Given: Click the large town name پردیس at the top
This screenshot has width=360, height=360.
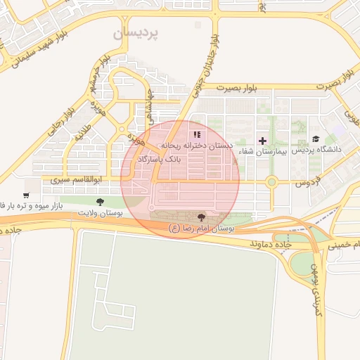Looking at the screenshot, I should click(138, 33).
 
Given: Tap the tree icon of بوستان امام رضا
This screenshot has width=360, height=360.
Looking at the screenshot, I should click(202, 217).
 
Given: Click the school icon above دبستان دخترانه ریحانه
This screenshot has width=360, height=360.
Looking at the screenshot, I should click(197, 134).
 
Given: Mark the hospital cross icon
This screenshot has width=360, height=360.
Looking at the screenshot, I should click(263, 141).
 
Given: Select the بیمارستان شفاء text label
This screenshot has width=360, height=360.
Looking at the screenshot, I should click(262, 151).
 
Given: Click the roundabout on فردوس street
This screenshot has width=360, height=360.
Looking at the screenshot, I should click(271, 182).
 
